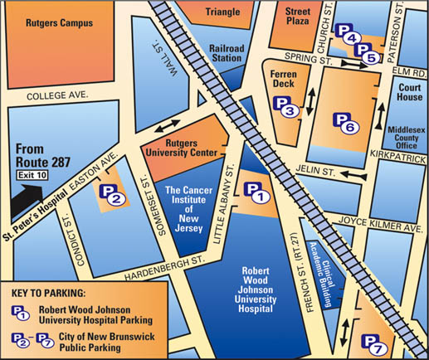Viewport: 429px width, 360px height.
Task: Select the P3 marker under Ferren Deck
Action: pyautogui.click(x=285, y=106)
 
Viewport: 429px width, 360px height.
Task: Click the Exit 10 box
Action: pyautogui.click(x=32, y=174)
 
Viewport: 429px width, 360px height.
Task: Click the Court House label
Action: pyautogui.click(x=407, y=91)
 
